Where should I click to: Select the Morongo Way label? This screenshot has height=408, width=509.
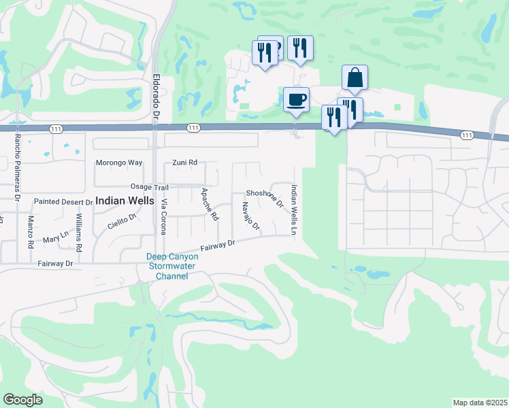click(x=119, y=163)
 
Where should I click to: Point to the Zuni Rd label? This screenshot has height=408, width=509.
click(x=184, y=163)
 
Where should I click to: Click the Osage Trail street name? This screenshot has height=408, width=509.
click(x=149, y=187)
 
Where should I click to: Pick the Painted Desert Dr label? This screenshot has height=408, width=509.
click(x=63, y=202)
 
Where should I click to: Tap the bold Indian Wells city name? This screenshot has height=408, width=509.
click(x=127, y=201)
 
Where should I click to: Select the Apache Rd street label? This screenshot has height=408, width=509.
click(x=209, y=205)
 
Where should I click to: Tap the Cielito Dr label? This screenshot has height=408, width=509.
click(x=122, y=222)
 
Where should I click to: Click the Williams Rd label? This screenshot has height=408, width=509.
click(x=79, y=233)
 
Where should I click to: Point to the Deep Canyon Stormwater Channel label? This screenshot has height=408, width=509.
click(x=172, y=267)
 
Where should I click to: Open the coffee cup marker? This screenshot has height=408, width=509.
click(x=296, y=100)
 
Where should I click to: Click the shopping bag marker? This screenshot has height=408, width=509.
click(x=355, y=78)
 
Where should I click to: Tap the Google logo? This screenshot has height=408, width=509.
click(x=23, y=400)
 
